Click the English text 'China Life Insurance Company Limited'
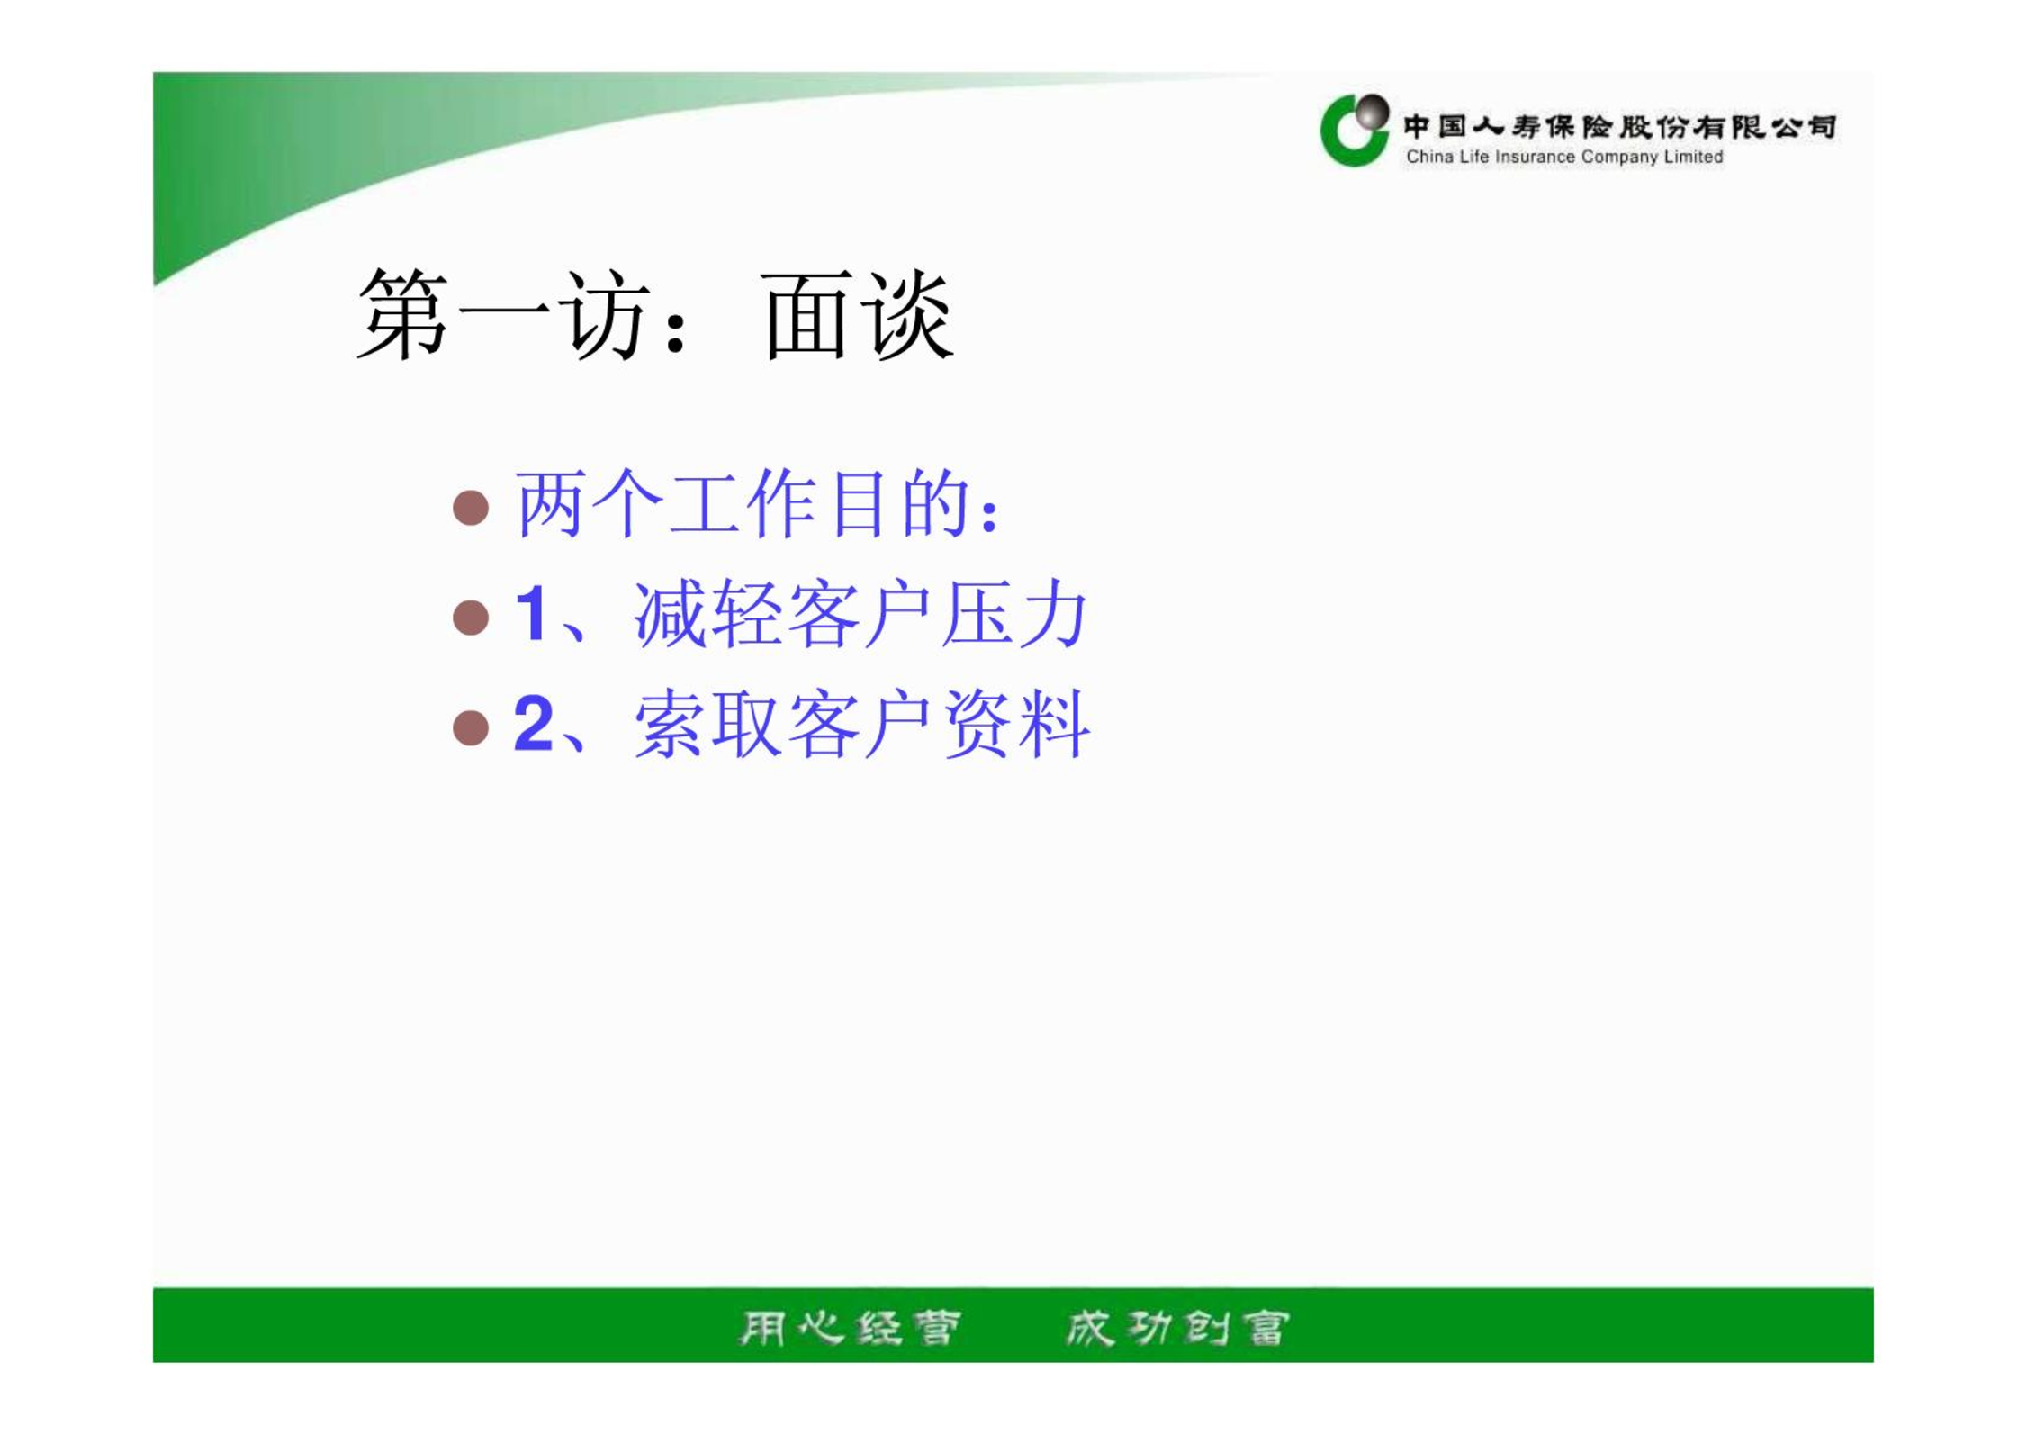click(x=1564, y=157)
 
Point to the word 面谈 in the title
click(x=858, y=315)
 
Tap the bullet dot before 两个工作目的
click(x=471, y=507)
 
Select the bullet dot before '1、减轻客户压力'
click(x=471, y=618)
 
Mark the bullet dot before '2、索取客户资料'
click(x=471, y=727)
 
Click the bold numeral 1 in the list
click(x=531, y=614)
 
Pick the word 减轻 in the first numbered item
click(x=707, y=615)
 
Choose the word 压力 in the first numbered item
click(x=1014, y=615)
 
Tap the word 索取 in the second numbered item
click(x=707, y=725)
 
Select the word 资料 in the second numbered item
click(x=1016, y=725)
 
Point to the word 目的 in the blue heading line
click(x=901, y=504)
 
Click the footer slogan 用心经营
click(x=850, y=1328)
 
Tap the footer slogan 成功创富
click(x=1177, y=1328)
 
